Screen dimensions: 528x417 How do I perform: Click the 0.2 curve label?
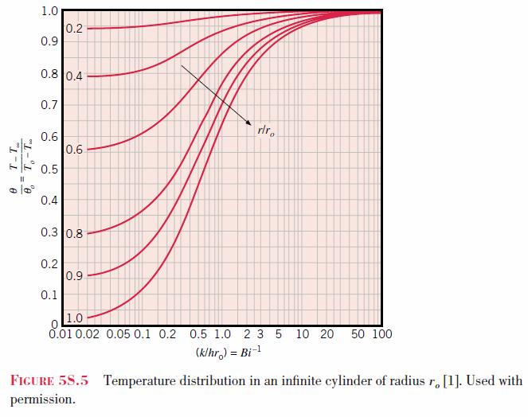[x=74, y=29]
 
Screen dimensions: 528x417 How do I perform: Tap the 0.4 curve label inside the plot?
[x=74, y=76]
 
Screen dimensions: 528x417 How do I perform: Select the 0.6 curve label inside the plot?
[x=74, y=150]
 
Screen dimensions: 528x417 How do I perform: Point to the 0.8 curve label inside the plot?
[x=74, y=234]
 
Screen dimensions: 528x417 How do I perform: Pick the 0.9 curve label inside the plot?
[x=74, y=276]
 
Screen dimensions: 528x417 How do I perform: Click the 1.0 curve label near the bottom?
[x=74, y=318]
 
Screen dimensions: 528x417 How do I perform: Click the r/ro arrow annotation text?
[x=266, y=131]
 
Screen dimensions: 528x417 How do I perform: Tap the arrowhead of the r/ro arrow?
[x=248, y=123]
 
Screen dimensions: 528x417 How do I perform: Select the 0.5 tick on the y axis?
[x=49, y=169]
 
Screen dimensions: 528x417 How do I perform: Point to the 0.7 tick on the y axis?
[x=49, y=105]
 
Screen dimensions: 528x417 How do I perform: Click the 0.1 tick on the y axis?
[x=49, y=295]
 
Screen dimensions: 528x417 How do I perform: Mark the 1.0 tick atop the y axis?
[x=49, y=11]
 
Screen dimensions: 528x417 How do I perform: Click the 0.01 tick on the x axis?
[x=61, y=334]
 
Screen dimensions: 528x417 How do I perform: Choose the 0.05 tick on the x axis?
[x=118, y=334]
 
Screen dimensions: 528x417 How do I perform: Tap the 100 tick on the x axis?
[x=382, y=334]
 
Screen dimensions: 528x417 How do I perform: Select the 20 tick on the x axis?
[x=327, y=334]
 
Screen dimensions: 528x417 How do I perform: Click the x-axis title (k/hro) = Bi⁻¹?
[x=229, y=353]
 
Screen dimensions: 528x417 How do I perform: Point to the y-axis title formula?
[x=21, y=166]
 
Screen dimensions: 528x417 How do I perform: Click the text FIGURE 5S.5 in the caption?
[x=49, y=380]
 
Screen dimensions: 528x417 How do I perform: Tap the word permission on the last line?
[x=43, y=399]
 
